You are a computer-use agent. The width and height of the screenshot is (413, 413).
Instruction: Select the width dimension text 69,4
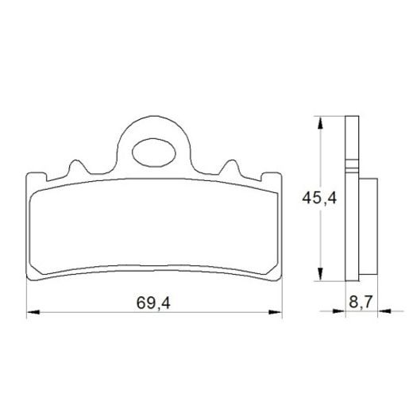(154, 302)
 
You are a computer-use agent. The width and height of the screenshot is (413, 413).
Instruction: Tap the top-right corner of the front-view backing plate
(282, 174)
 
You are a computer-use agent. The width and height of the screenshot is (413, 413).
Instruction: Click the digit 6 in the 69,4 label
(141, 302)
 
